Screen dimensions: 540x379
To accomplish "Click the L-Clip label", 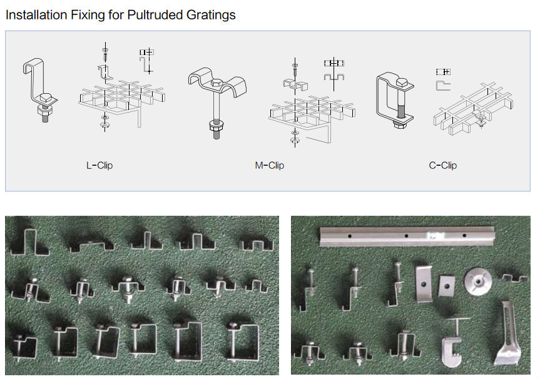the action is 99,166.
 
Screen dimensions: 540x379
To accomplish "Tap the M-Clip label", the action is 270,166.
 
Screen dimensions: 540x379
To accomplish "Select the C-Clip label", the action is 443,166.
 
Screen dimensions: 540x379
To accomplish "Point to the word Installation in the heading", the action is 36,15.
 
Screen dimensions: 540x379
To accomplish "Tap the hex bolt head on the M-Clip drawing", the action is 217,83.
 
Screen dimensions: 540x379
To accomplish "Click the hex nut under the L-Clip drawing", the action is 45,111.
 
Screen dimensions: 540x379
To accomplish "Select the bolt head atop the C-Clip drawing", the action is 402,83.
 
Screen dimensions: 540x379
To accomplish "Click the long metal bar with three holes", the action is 407,236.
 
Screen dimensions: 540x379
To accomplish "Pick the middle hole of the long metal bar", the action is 406,236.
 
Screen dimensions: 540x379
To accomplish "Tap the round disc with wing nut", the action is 478,281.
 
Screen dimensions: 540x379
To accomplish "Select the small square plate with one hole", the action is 446,286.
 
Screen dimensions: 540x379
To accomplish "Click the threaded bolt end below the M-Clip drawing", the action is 217,134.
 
